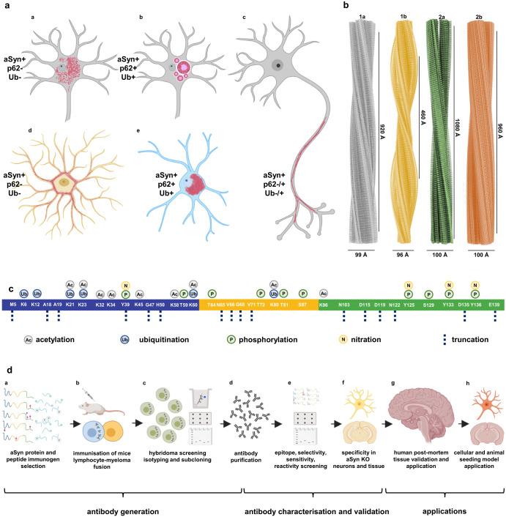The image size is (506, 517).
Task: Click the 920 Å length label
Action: [x=382, y=132]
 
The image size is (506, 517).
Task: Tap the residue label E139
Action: [x=495, y=303]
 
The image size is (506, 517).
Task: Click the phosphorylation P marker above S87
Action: [x=302, y=293]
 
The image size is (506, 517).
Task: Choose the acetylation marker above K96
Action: [x=323, y=293]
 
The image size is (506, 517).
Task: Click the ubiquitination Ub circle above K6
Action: [x=24, y=293]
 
